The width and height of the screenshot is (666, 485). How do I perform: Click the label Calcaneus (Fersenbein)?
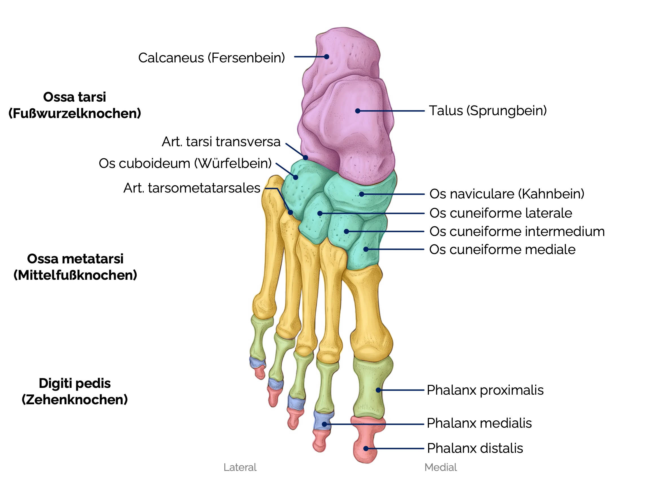coord(211,58)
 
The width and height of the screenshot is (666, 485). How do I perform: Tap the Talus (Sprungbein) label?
coord(487,111)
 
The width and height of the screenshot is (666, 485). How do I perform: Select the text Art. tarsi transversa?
coord(221,142)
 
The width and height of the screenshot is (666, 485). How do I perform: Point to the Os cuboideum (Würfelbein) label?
coord(185,163)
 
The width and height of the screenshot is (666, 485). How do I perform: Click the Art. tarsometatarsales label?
coord(192,188)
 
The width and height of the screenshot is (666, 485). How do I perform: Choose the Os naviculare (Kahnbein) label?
coord(507,194)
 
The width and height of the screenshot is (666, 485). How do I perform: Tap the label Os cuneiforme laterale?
coord(500,213)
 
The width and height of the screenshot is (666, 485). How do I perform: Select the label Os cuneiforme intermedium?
coord(517,231)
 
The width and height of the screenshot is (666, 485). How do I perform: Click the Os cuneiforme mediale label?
coord(502,249)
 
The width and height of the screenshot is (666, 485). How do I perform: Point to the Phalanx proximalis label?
coord(485,390)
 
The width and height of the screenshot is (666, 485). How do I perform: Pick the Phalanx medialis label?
coord(479,423)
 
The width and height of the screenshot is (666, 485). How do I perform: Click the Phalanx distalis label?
coord(475,448)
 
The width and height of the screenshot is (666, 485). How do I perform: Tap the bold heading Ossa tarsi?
coord(75,97)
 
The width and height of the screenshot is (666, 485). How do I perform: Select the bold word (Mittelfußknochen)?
coord(75,275)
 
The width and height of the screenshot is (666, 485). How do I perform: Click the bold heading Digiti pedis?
coord(75,383)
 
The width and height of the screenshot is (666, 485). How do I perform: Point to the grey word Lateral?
coord(240,467)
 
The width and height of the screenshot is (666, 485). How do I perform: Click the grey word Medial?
coord(441,467)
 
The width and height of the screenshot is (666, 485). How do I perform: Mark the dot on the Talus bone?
coord(358,111)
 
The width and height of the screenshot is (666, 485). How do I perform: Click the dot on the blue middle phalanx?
coord(324,424)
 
